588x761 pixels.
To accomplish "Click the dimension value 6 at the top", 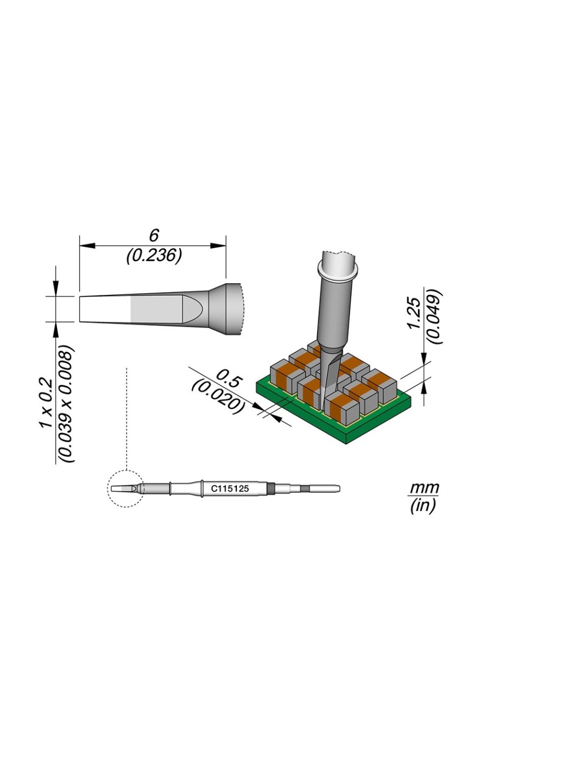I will click(154, 235).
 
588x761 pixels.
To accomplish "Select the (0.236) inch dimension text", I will click(154, 255).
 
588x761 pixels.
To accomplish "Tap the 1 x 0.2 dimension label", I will click(46, 403).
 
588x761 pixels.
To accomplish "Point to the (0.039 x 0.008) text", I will click(66, 404).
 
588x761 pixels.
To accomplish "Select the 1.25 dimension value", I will click(414, 313).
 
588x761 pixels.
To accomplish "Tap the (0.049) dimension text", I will click(435, 316).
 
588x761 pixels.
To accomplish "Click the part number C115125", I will click(230, 489).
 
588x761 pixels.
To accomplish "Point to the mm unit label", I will click(424, 488).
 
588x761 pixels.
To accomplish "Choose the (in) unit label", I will click(423, 505).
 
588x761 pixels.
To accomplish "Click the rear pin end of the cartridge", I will click(326, 488).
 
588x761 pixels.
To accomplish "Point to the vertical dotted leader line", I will click(126, 417).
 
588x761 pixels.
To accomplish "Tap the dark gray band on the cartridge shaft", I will click(270, 488).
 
